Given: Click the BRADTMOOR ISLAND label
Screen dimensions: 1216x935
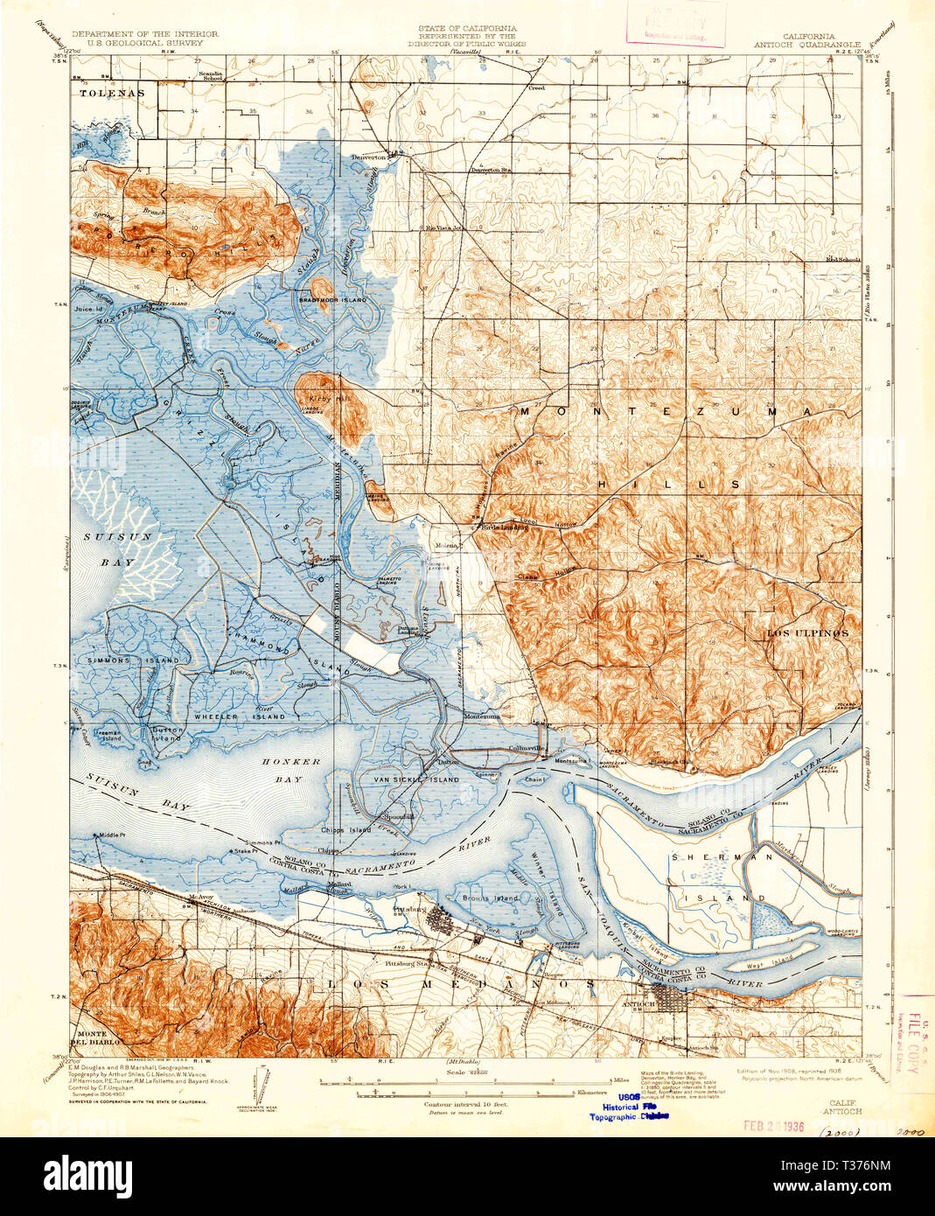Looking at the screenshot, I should tap(332, 300).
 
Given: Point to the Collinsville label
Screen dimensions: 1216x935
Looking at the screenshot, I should tap(529, 749).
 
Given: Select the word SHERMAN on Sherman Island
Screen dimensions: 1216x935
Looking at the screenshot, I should tap(716, 858).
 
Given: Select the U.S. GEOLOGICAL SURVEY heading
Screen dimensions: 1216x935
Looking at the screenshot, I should tap(137, 42).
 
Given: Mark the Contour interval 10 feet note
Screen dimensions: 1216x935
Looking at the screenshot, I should tap(464, 1104).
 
